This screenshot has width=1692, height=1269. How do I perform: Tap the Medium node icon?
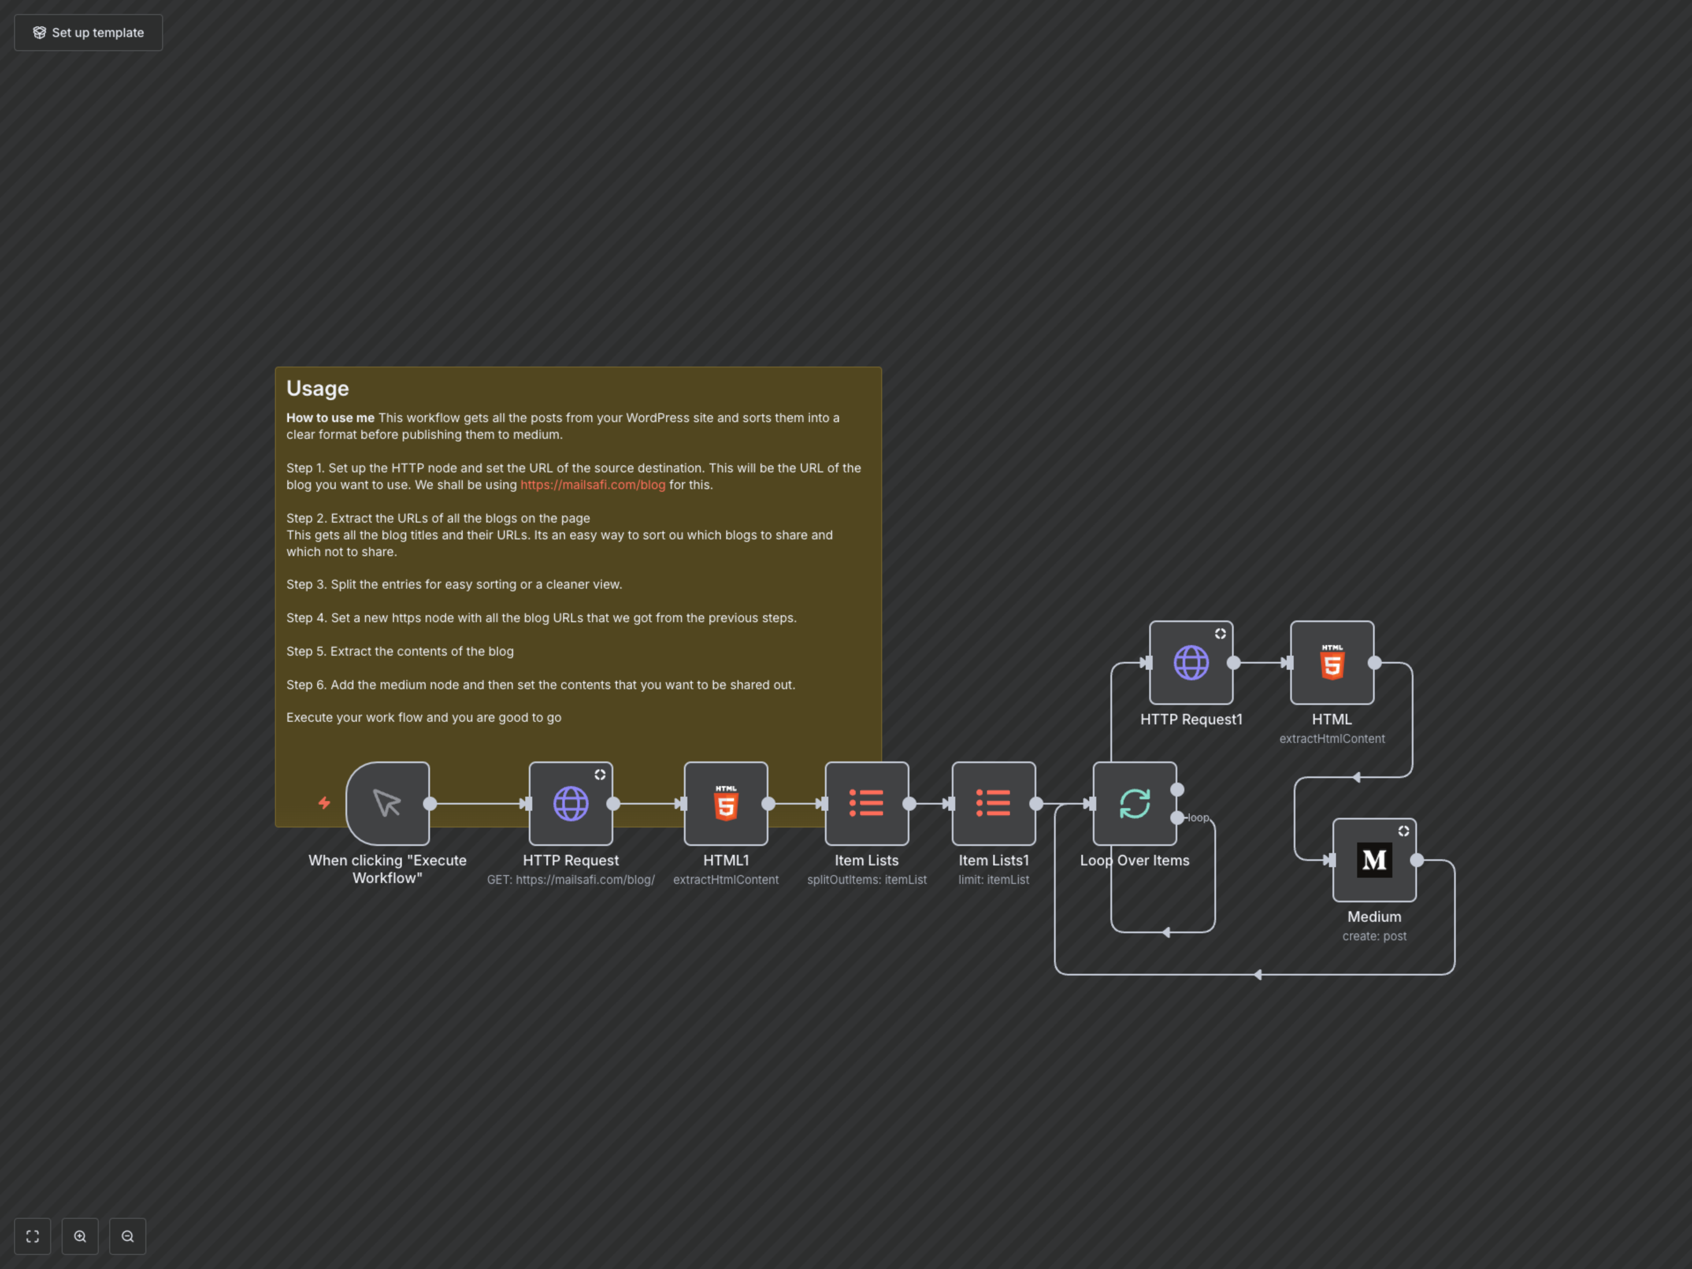[x=1374, y=860]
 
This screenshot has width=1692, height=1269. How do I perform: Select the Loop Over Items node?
[x=1134, y=803]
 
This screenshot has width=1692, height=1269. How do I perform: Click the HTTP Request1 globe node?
[x=1191, y=662]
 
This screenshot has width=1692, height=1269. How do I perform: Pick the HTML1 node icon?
[x=726, y=803]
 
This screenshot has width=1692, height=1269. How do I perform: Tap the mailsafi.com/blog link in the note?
[x=593, y=485]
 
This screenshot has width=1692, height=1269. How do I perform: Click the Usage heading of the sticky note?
[x=317, y=389]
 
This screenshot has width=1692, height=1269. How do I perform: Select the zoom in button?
[x=80, y=1236]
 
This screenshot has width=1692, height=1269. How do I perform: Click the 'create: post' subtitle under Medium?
[x=1374, y=936]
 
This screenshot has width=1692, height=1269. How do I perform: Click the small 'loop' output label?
[x=1198, y=818]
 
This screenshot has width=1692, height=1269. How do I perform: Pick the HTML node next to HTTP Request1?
[x=1332, y=662]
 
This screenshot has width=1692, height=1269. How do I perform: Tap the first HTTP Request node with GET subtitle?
[x=571, y=803]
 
